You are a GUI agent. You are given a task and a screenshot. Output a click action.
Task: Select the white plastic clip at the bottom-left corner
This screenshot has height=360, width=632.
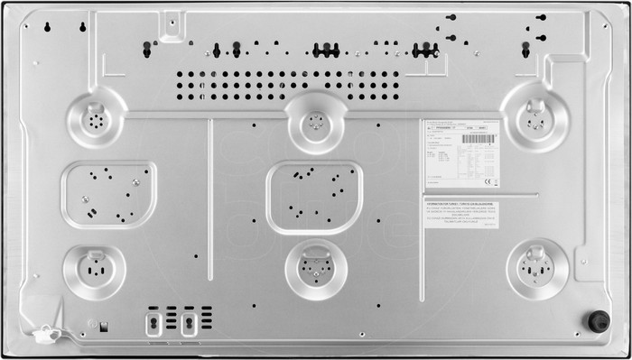[x=45, y=335]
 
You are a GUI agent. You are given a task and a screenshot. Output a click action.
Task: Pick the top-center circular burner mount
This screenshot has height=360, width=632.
[x=314, y=119]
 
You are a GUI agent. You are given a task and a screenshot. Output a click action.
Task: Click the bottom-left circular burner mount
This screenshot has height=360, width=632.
[x=94, y=270]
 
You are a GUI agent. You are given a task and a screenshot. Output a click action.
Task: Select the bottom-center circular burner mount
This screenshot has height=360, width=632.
[x=315, y=268]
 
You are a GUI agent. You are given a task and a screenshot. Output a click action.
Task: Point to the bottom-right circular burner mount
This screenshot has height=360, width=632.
[x=537, y=269]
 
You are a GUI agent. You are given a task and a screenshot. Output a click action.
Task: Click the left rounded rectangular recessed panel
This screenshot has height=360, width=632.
[x=107, y=194]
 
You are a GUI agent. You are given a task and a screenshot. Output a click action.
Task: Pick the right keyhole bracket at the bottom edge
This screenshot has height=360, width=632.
[x=189, y=320]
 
